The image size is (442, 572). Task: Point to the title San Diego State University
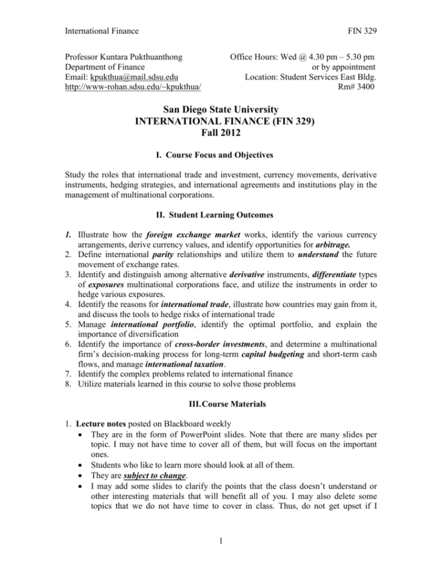[x=221, y=110]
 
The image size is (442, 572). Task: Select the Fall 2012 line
[x=221, y=134]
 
